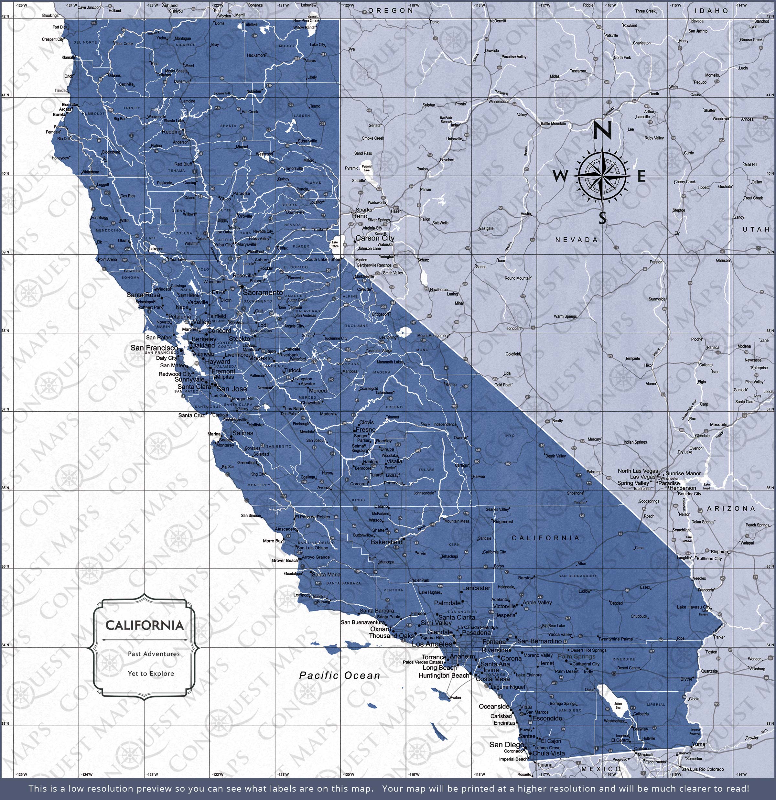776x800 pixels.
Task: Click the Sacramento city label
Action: click(263, 293)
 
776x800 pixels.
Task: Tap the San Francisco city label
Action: click(154, 348)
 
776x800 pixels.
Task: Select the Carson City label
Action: click(375, 238)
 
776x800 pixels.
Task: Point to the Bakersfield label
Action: click(386, 542)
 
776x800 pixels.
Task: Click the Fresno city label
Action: click(365, 429)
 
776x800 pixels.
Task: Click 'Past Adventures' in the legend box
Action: click(154, 654)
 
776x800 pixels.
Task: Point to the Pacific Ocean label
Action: click(339, 676)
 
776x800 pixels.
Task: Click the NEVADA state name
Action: click(577, 240)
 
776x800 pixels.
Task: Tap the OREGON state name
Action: click(391, 11)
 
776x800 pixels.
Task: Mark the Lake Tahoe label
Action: click(335, 244)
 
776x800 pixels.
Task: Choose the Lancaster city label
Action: click(476, 588)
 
